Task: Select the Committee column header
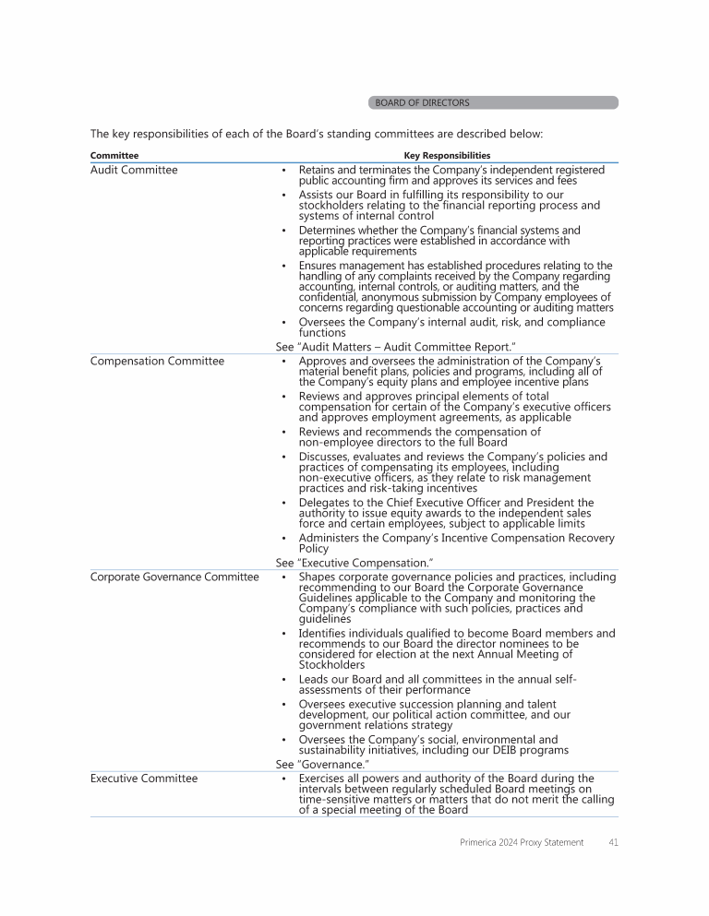pos(114,156)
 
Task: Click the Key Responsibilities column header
pos(447,156)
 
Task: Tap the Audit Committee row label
pos(134,170)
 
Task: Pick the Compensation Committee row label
pos(157,361)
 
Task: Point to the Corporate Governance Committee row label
pos(174,577)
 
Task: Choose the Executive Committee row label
pos(144,779)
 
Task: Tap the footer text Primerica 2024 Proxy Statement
pos(522,842)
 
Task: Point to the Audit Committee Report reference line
pos(395,346)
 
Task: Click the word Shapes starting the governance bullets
pos(318,577)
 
